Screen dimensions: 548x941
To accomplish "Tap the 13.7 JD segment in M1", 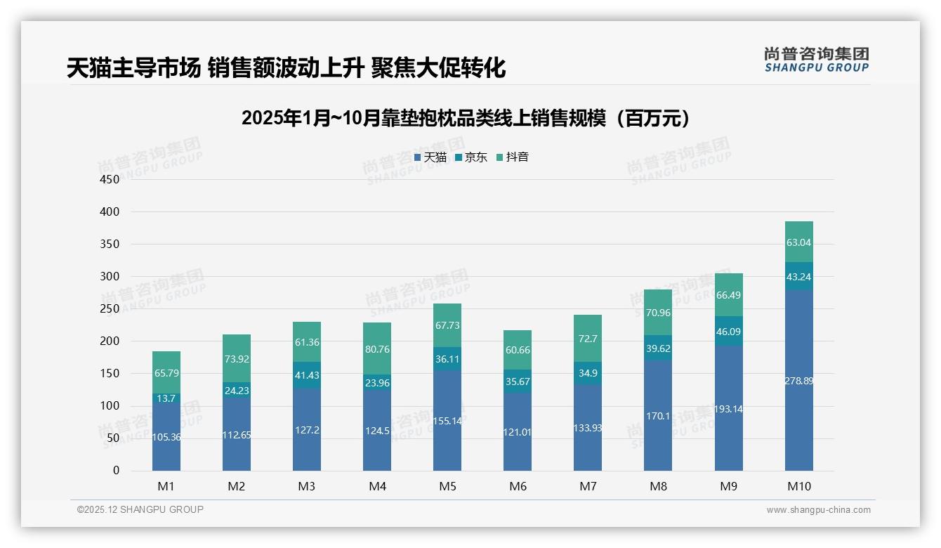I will [166, 398].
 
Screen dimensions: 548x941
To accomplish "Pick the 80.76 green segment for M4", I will [377, 348].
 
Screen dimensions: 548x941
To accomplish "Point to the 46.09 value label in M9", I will [728, 332].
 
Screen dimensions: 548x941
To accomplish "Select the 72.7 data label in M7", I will [588, 339].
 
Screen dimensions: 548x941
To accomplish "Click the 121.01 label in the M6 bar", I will [518, 432].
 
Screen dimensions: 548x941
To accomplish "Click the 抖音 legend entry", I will [512, 157].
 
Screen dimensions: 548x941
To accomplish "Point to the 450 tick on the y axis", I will [110, 179].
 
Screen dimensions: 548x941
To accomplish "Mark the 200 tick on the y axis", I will [110, 341].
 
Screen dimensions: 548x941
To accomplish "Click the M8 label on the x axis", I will [658, 486].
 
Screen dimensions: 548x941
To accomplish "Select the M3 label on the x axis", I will [307, 486].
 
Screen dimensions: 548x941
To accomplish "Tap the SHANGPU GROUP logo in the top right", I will [816, 60].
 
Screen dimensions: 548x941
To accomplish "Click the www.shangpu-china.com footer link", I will [818, 510].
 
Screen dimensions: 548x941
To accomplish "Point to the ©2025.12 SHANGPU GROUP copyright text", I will [140, 509].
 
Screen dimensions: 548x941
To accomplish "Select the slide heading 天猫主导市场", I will [286, 68].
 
